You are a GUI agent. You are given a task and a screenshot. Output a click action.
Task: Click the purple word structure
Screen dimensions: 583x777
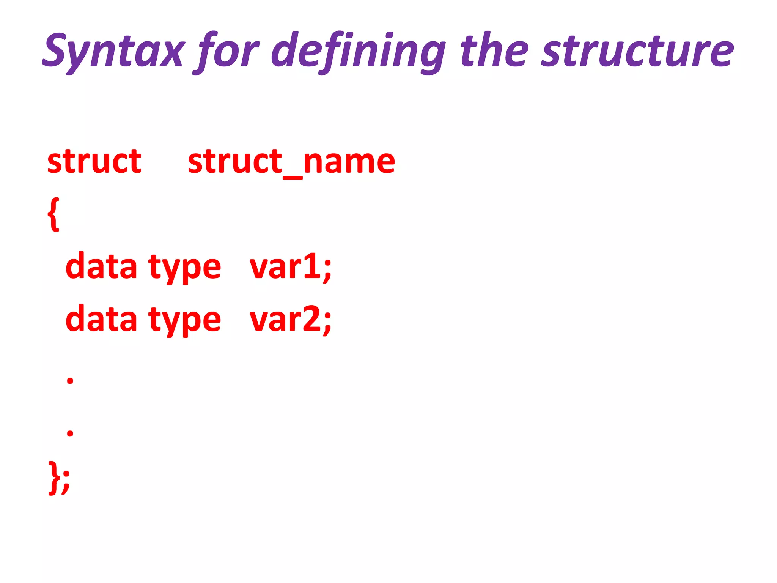(x=637, y=51)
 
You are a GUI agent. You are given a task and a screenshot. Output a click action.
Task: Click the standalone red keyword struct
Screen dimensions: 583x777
(x=94, y=161)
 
